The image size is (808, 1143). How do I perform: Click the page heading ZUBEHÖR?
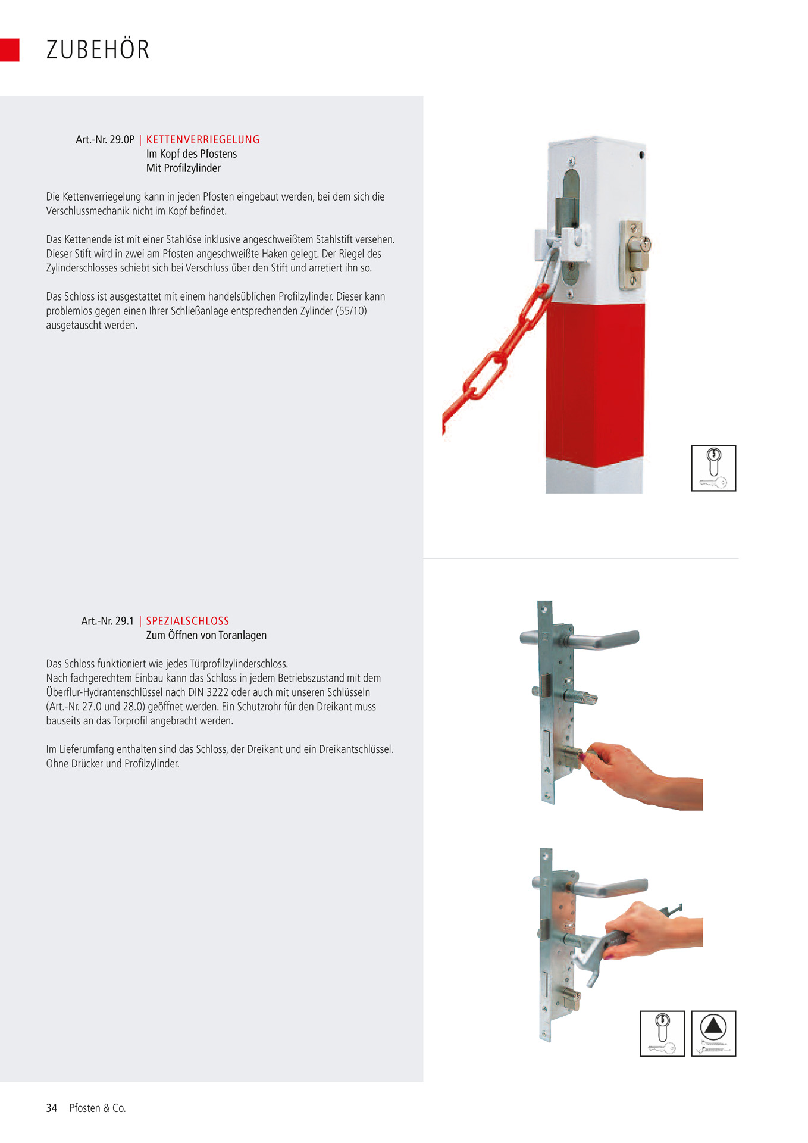(x=98, y=49)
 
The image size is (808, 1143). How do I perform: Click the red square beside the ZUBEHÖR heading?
(x=10, y=50)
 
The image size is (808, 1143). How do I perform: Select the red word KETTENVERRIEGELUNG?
(x=203, y=140)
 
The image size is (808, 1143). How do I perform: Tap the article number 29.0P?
(x=122, y=140)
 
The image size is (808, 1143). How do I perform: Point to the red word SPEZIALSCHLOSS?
(x=187, y=621)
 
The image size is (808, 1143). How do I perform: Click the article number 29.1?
(x=124, y=621)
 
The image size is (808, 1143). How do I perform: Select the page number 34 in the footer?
(x=52, y=1108)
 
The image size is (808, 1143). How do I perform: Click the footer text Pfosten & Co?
(x=98, y=1108)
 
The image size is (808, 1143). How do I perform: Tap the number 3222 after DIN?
(x=217, y=692)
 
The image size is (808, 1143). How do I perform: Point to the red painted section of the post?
(x=595, y=381)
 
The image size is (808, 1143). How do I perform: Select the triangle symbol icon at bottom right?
(x=713, y=1033)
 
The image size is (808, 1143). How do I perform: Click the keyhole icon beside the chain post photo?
(x=713, y=468)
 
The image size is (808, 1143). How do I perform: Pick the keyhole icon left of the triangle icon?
(x=662, y=1033)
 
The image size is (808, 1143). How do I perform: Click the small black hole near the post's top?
(x=641, y=155)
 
